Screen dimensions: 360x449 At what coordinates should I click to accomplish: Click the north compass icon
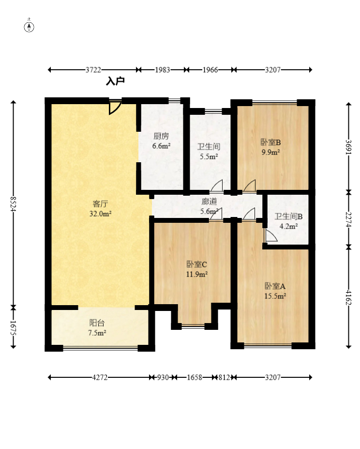pyautogui.click(x=29, y=26)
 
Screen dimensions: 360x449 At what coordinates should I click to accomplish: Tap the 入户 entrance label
pyautogui.click(x=115, y=81)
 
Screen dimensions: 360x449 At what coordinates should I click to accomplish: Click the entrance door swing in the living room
pyautogui.click(x=115, y=108)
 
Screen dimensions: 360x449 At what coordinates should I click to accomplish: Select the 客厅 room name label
pyautogui.click(x=100, y=204)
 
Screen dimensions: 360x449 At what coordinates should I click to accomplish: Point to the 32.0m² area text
pyautogui.click(x=100, y=214)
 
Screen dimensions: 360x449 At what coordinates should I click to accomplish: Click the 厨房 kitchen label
pyautogui.click(x=161, y=136)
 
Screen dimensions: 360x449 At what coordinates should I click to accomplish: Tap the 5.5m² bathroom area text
pyautogui.click(x=209, y=156)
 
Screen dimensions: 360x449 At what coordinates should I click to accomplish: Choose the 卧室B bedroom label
pyautogui.click(x=270, y=142)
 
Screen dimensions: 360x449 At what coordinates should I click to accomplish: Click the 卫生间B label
pyautogui.click(x=288, y=217)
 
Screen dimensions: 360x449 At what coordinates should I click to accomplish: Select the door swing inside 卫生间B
pyautogui.click(x=271, y=235)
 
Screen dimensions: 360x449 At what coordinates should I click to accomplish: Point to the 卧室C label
pyautogui.click(x=196, y=264)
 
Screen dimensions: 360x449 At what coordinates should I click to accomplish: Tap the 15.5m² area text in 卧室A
pyautogui.click(x=275, y=296)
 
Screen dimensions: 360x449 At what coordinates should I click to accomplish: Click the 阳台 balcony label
pyautogui.click(x=97, y=323)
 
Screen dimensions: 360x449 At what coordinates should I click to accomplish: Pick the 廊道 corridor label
pyautogui.click(x=209, y=201)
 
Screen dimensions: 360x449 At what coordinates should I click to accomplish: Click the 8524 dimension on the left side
pyautogui.click(x=13, y=203)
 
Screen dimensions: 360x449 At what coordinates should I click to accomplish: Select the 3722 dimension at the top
pyautogui.click(x=93, y=70)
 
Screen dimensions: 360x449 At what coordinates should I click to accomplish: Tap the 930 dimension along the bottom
pyautogui.click(x=163, y=377)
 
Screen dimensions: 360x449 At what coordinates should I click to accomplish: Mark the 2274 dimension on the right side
pyautogui.click(x=348, y=219)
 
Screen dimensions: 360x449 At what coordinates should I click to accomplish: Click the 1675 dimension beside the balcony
pyautogui.click(x=13, y=327)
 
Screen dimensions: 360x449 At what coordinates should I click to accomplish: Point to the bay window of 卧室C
pyautogui.click(x=193, y=326)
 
